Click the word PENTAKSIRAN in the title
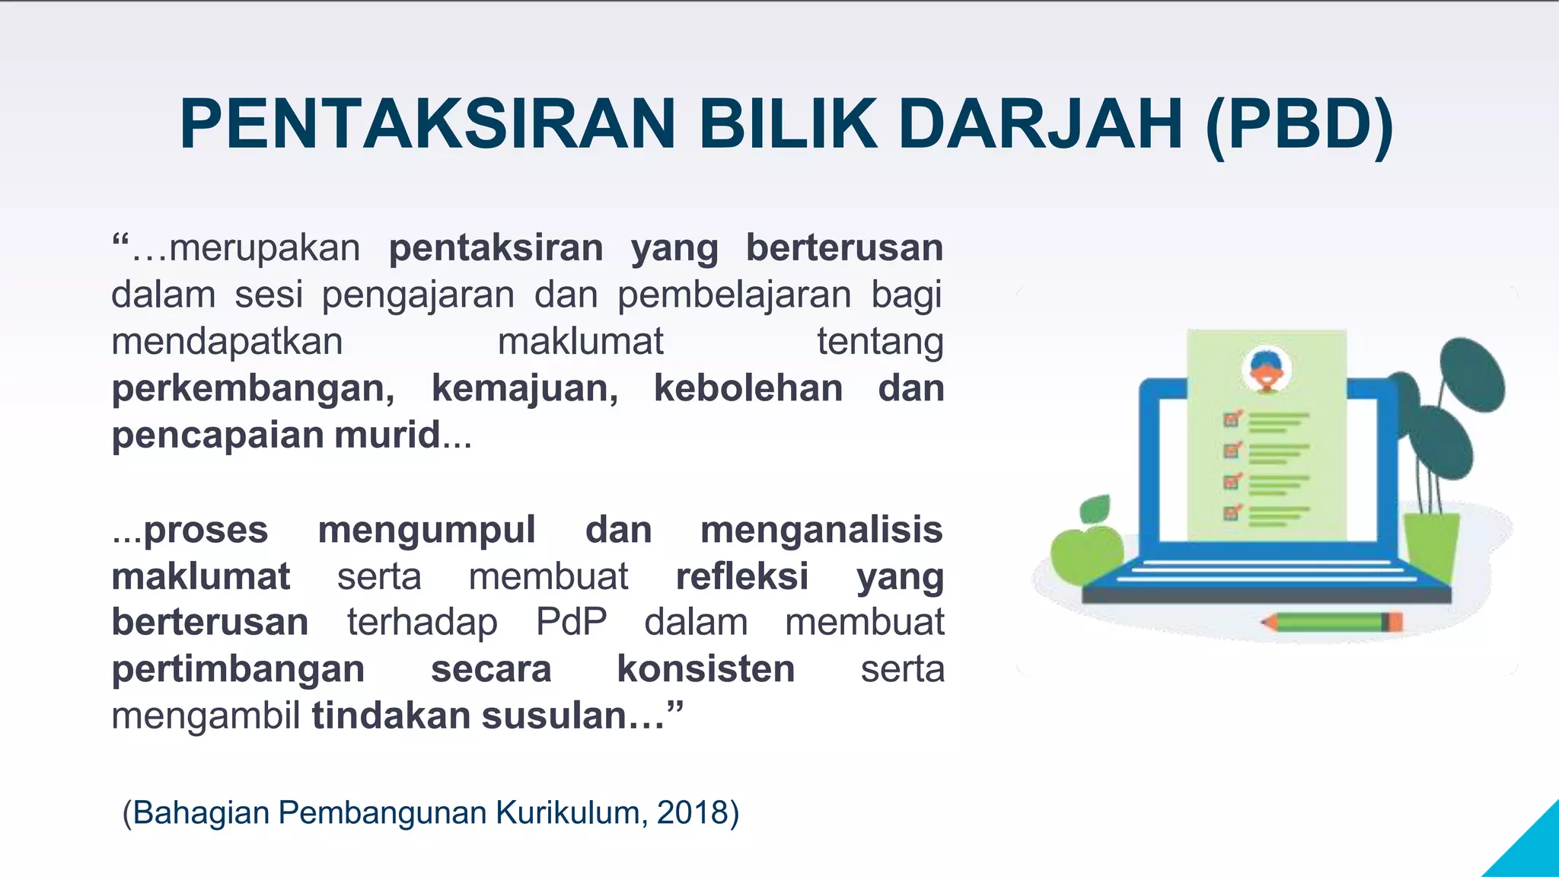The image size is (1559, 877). [427, 124]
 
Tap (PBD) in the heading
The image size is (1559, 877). [1300, 124]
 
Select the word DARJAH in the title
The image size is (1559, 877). [1041, 124]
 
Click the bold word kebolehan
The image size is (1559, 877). [748, 388]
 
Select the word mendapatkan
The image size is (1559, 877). [227, 342]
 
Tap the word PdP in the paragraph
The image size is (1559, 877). [571, 622]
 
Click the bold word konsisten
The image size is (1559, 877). [706, 669]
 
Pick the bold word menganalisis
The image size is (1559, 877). [821, 530]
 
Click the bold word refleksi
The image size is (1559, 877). [741, 576]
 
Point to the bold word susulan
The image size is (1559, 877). [572, 716]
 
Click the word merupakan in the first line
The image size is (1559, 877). [264, 248]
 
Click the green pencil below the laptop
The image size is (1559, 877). [1332, 622]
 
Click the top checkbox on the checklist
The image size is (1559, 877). [1232, 419]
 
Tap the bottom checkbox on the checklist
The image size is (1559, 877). [1232, 512]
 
